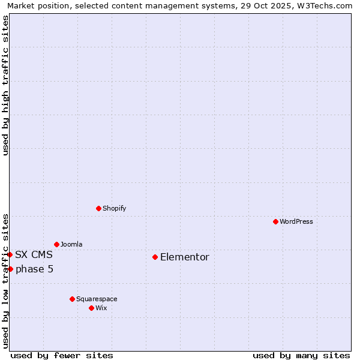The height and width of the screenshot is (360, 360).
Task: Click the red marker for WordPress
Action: [275, 221]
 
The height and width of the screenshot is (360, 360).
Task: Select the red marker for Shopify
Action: [98, 208]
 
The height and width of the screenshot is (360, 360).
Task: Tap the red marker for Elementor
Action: [155, 257]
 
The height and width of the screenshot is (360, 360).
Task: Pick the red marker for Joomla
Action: [56, 244]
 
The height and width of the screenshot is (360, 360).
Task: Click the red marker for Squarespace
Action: [72, 299]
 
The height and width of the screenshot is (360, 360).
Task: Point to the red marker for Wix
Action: [91, 308]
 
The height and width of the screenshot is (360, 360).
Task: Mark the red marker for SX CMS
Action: [10, 254]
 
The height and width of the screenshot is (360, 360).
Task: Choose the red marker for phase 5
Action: [10, 269]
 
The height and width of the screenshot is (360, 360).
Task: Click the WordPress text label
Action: [296, 221]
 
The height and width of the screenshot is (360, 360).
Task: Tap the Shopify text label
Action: [115, 208]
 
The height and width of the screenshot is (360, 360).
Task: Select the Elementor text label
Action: [185, 257]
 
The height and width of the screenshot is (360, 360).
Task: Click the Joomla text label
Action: [71, 244]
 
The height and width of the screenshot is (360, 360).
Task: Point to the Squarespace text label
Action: [97, 299]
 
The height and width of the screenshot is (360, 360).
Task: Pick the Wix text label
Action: [101, 308]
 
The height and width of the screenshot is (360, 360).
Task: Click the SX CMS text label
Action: [34, 254]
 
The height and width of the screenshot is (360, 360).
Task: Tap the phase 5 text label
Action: [35, 269]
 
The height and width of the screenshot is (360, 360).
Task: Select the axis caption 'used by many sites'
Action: [301, 355]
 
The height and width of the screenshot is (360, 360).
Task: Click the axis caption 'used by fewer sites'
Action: [62, 355]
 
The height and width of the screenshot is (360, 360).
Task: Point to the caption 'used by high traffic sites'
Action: [6, 85]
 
